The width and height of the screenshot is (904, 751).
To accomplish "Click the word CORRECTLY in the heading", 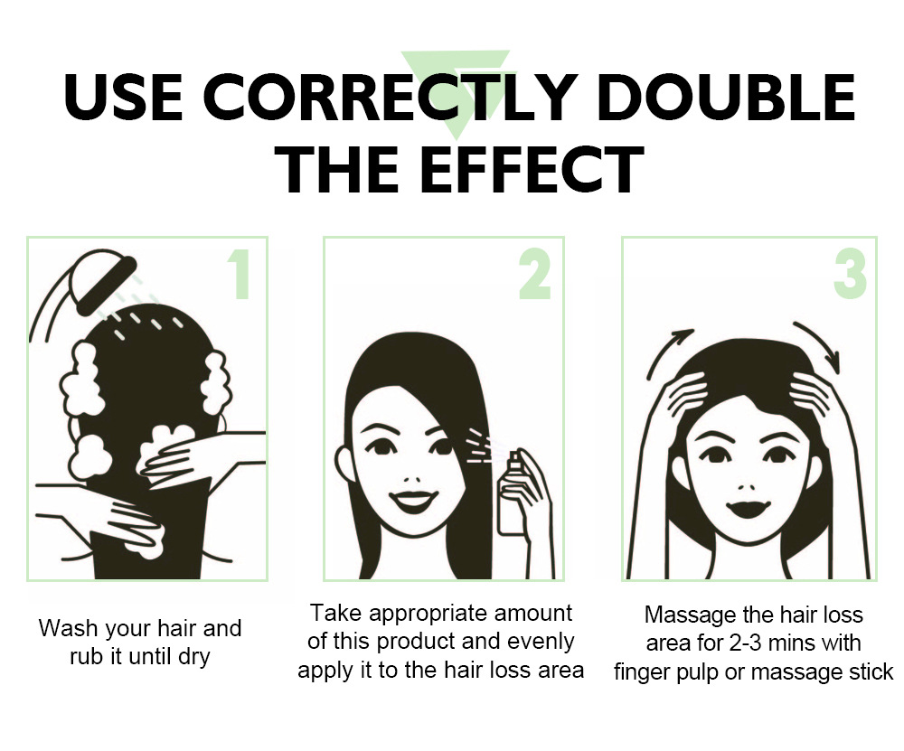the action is tap(391, 97).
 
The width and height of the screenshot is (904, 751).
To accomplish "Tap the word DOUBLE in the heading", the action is tap(726, 97).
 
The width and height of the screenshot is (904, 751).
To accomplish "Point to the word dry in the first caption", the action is tap(193, 657).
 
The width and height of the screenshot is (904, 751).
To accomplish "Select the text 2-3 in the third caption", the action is tap(748, 643).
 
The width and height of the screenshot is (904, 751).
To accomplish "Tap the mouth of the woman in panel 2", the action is tap(413, 502).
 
